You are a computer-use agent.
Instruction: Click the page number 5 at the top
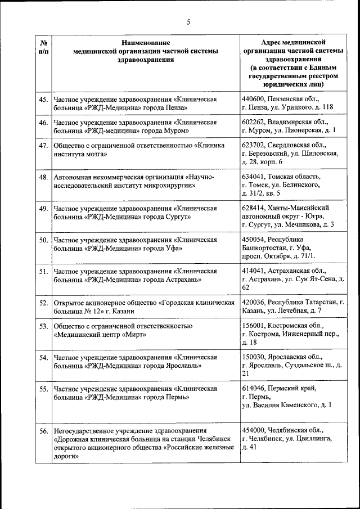(188, 22)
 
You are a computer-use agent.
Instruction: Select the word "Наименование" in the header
(146, 42)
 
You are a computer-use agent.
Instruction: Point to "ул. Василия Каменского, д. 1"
(286, 404)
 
